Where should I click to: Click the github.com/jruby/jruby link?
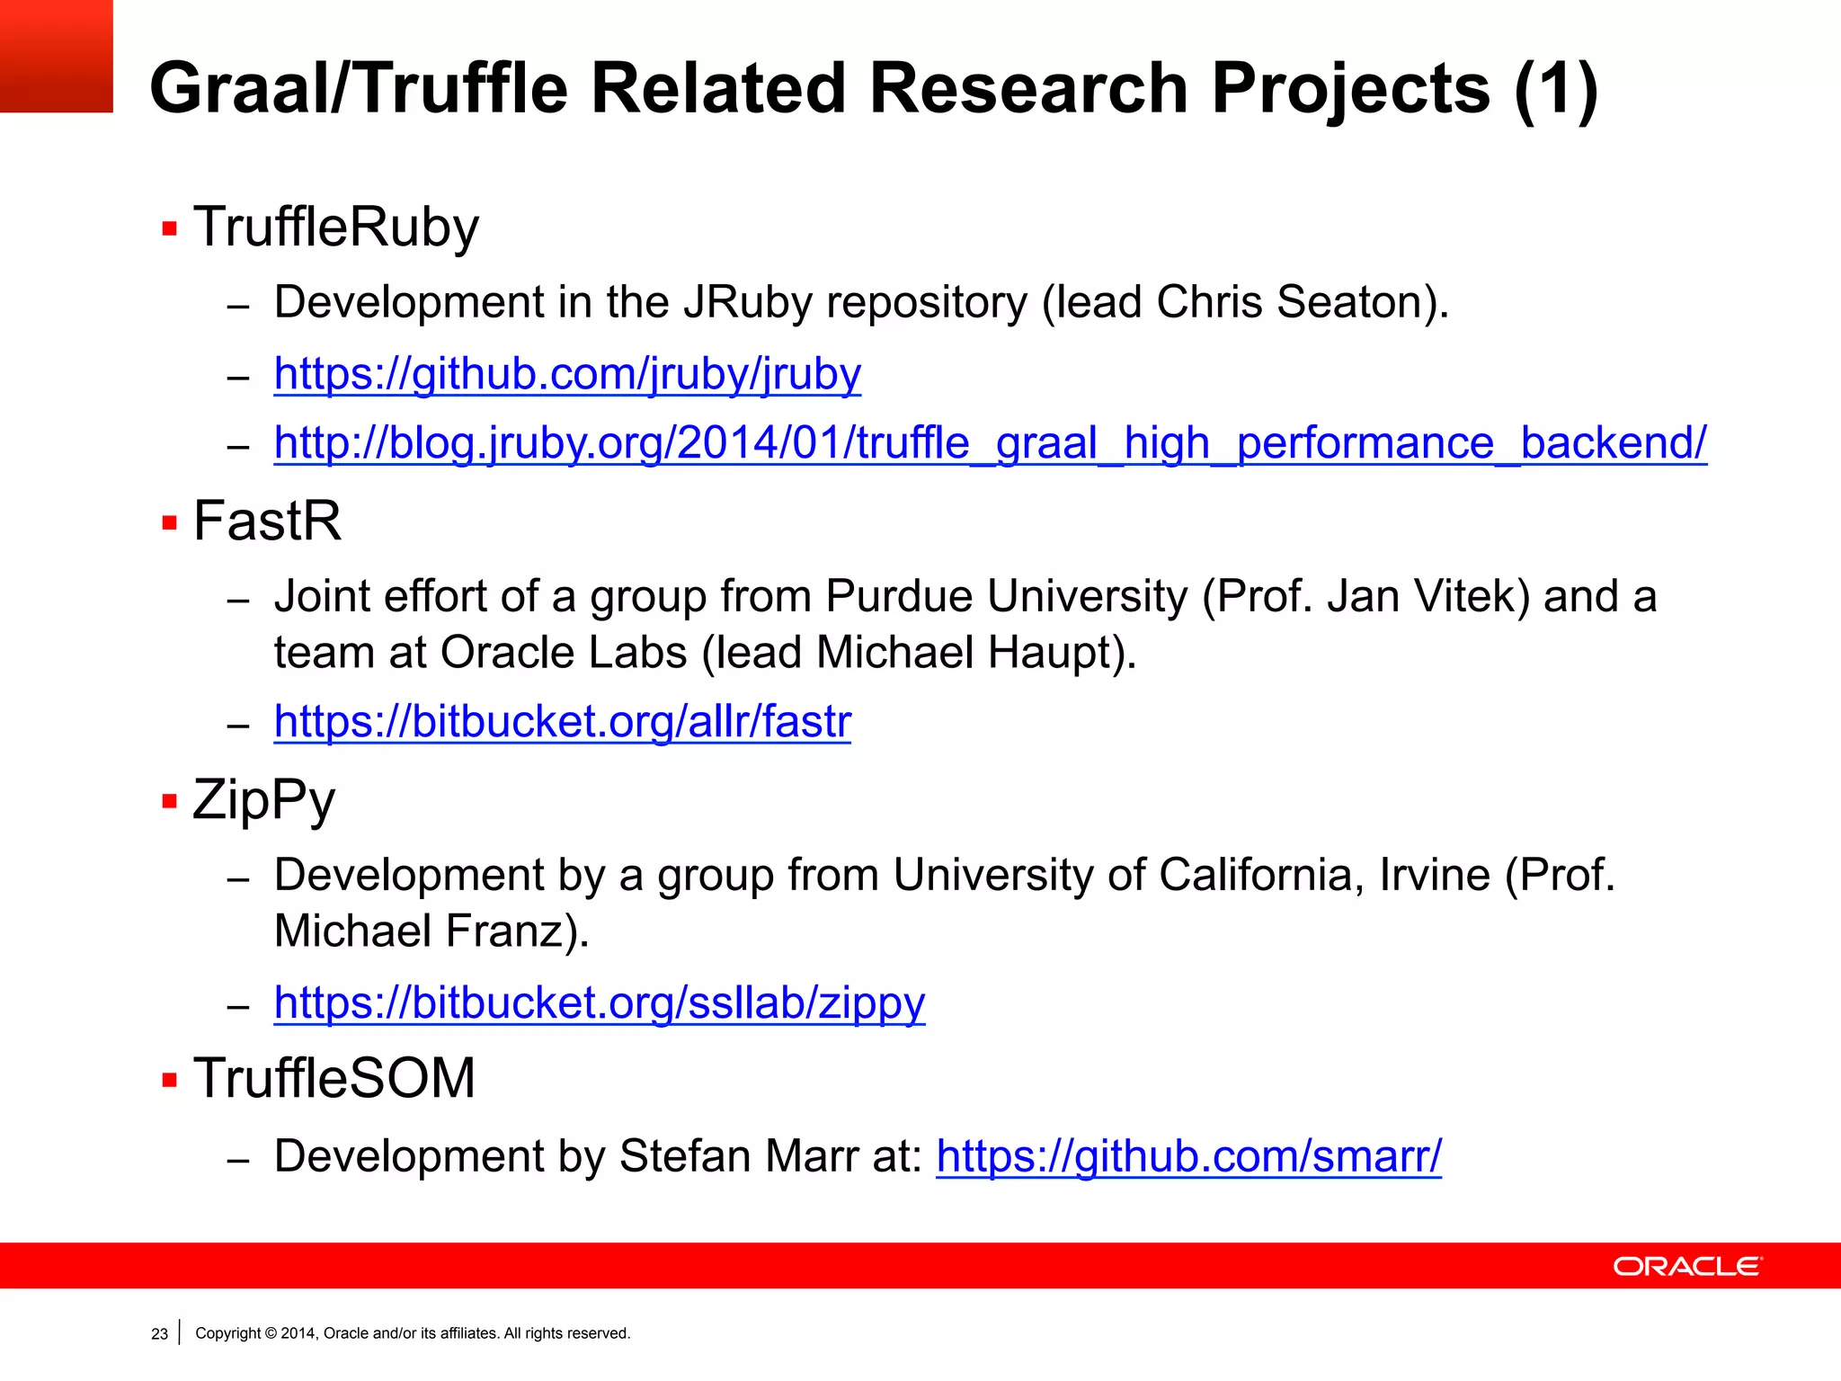pyautogui.click(x=567, y=374)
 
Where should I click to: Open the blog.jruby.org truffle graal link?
pyautogui.click(x=990, y=443)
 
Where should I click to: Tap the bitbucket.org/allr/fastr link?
pyautogui.click(x=562, y=722)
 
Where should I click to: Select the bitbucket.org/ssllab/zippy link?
pyautogui.click(x=599, y=1002)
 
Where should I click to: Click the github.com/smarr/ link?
pyautogui.click(x=1188, y=1156)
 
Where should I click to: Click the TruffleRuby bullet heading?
pyautogui.click(x=336, y=227)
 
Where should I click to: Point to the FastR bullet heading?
pyautogui.click(x=267, y=521)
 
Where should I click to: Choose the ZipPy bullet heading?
pyautogui.click(x=263, y=799)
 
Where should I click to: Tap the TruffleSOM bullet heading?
pyautogui.click(x=334, y=1078)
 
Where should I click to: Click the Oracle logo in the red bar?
pyautogui.click(x=1687, y=1266)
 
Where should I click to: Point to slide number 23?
pyautogui.click(x=159, y=1334)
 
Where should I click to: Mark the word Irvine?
pyautogui.click(x=1434, y=875)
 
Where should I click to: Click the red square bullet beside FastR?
pyautogui.click(x=169, y=522)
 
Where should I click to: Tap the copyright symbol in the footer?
pyautogui.click(x=271, y=1333)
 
